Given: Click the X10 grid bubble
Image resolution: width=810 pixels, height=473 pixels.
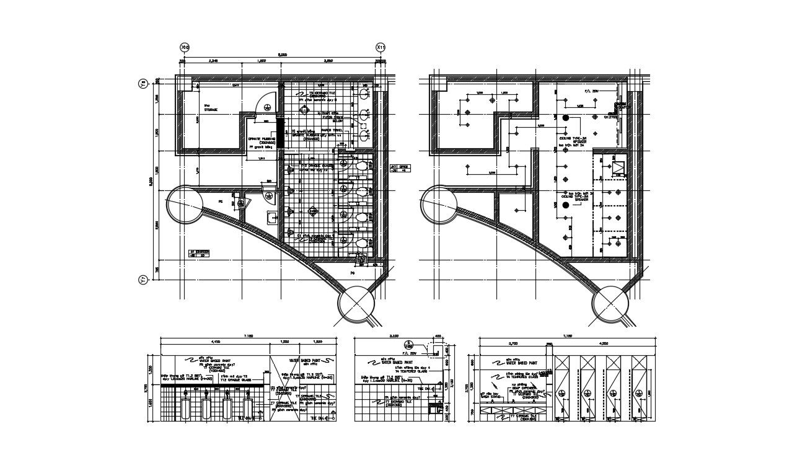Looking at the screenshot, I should click(183, 47).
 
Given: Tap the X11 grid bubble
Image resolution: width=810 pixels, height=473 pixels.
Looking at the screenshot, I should click(381, 47).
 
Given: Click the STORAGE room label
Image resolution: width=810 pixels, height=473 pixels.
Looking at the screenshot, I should click(211, 110).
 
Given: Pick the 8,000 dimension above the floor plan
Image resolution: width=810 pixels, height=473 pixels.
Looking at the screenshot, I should click(282, 55).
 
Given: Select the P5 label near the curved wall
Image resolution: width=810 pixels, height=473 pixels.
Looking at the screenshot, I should click(220, 201).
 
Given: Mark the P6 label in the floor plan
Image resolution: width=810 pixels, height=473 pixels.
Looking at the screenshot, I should click(353, 272).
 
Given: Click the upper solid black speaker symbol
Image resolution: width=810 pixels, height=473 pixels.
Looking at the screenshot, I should click(565, 117).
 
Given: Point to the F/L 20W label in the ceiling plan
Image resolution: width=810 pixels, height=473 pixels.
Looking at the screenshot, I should click(592, 91).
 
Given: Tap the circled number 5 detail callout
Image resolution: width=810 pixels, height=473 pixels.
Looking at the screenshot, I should click(408, 343).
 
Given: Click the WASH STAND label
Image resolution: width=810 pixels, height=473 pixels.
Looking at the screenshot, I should click(491, 397).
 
